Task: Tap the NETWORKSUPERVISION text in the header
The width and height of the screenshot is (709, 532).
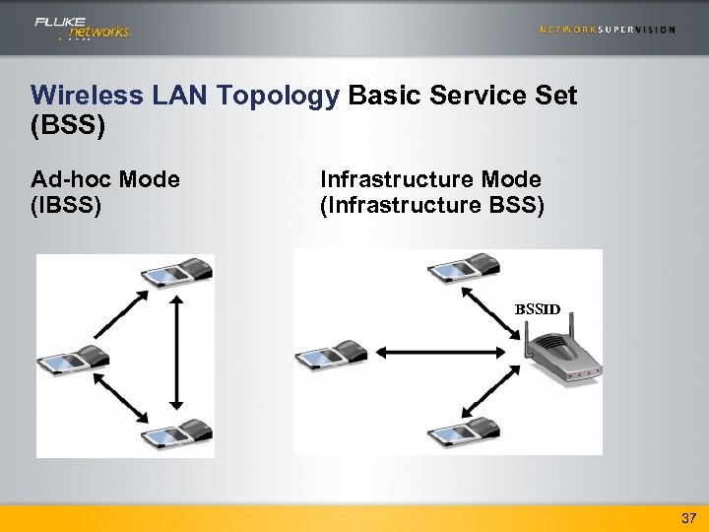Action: (x=608, y=30)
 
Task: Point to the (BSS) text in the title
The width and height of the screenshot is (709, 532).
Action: (x=68, y=127)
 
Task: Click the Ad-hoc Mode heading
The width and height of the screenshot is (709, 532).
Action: (x=105, y=179)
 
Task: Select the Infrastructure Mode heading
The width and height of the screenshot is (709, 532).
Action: (x=430, y=179)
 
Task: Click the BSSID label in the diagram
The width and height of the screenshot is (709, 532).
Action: (x=538, y=309)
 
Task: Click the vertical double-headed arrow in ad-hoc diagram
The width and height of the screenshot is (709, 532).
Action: (x=176, y=350)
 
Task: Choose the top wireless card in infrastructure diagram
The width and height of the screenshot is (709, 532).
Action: (x=463, y=268)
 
